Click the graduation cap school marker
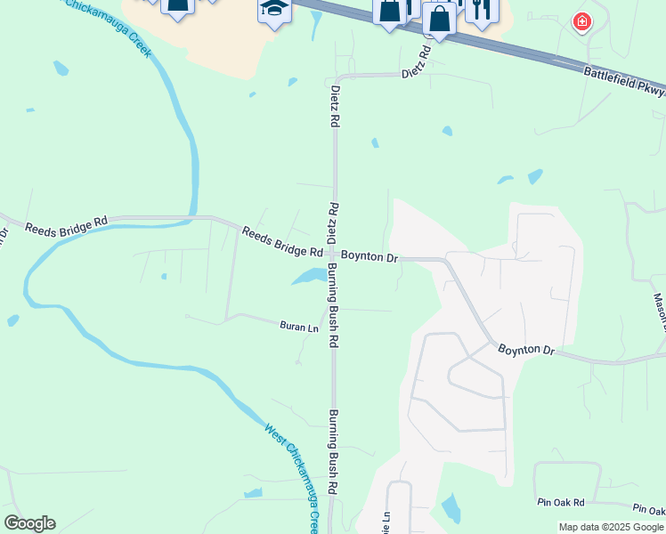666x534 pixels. click(274, 10)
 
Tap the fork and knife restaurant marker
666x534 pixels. click(482, 10)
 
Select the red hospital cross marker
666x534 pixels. click(581, 21)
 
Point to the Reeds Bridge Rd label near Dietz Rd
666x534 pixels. click(282, 241)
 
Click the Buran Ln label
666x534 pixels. click(299, 328)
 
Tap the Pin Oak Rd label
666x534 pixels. click(560, 503)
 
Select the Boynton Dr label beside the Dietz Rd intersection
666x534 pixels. click(369, 256)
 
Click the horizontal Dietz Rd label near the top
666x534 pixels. click(416, 63)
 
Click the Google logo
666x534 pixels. click(29, 523)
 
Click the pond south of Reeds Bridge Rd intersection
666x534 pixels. click(309, 277)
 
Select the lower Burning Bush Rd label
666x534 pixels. click(334, 451)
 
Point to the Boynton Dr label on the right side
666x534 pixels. click(525, 350)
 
